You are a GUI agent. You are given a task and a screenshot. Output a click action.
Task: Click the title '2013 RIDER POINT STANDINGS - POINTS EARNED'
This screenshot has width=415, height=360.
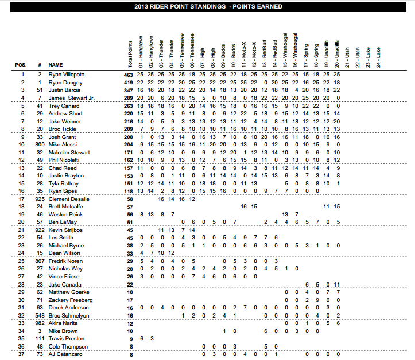tap(208, 6)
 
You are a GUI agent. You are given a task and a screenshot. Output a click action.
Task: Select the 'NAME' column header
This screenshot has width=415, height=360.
tap(56, 65)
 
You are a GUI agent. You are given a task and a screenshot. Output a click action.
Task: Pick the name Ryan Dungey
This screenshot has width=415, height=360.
tap(65, 83)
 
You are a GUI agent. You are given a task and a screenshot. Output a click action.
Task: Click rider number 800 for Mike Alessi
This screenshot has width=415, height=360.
tap(40, 146)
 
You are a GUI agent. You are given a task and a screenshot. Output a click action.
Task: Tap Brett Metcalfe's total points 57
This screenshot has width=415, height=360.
tap(129, 206)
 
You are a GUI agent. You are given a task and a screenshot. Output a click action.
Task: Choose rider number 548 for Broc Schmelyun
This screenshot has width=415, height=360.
tap(40, 316)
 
